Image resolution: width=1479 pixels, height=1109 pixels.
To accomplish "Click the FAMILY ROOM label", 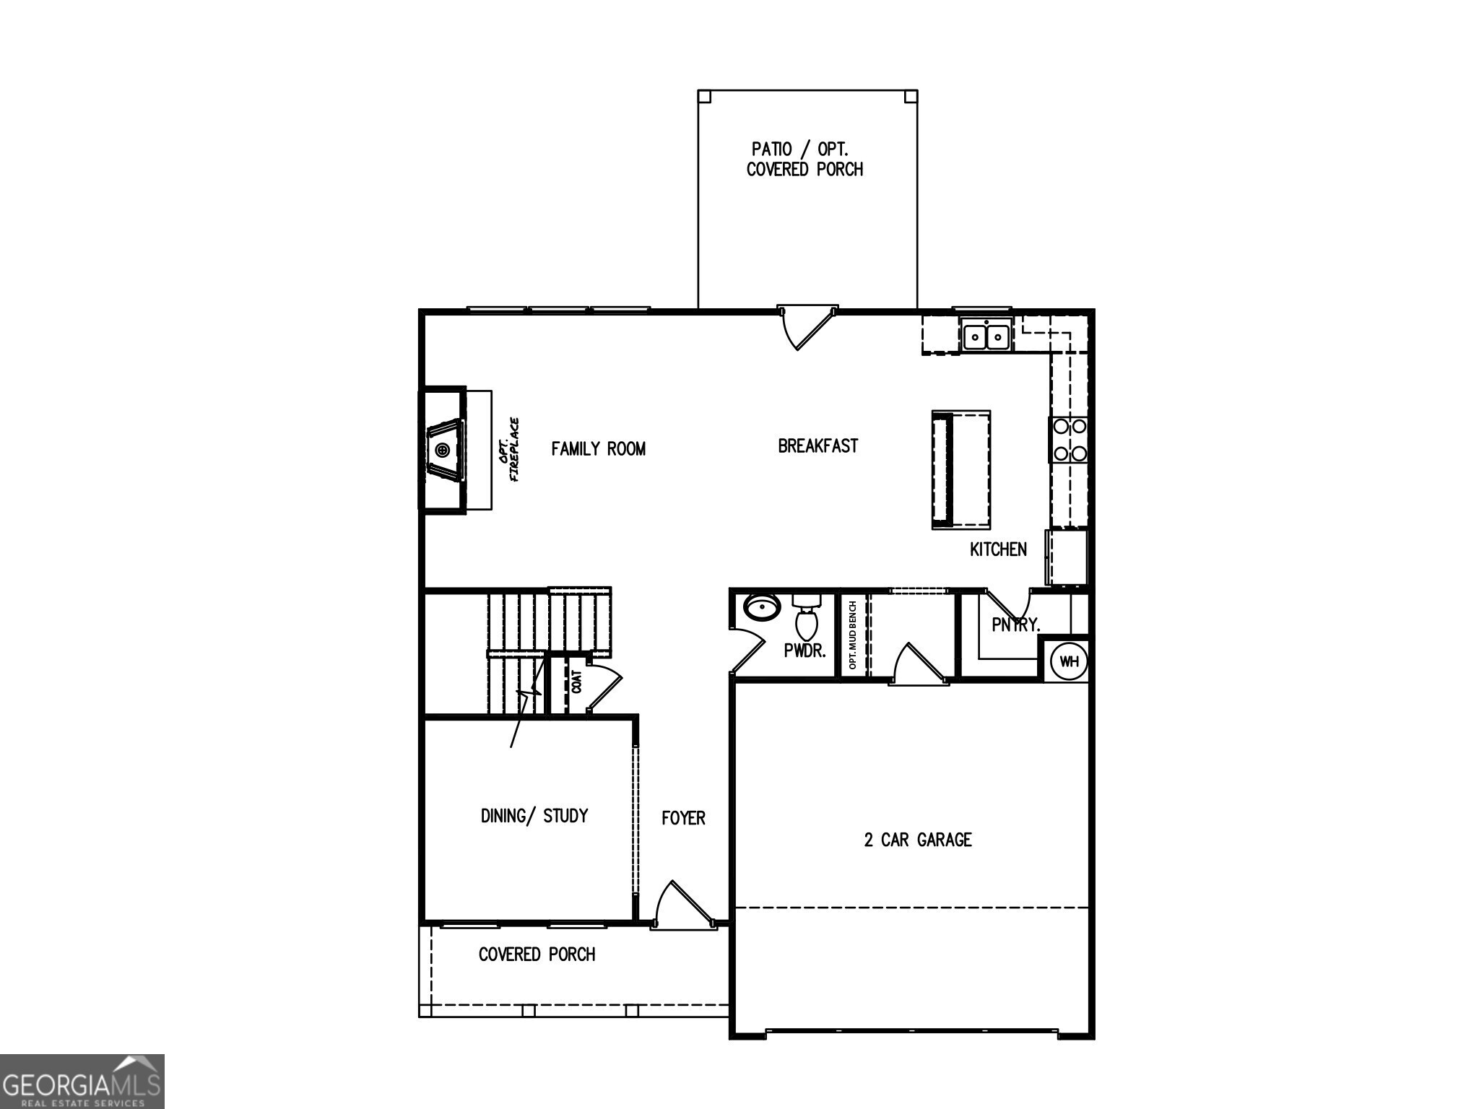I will click(x=598, y=449).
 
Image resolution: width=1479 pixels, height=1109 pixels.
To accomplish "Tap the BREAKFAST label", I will click(x=817, y=446).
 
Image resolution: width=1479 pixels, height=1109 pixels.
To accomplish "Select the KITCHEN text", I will click(x=998, y=549).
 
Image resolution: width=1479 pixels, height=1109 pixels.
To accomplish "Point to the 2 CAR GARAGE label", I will click(x=918, y=840).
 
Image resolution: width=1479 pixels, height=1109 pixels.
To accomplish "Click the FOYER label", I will click(x=683, y=818).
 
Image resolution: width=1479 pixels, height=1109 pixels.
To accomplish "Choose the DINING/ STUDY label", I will click(x=534, y=816).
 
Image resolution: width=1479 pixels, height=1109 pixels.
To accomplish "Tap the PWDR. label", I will click(x=804, y=651).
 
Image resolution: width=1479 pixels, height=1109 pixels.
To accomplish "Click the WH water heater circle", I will click(x=1069, y=661).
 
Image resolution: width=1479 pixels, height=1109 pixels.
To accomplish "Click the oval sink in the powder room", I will click(x=762, y=607).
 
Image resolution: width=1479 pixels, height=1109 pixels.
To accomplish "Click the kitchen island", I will click(x=960, y=469).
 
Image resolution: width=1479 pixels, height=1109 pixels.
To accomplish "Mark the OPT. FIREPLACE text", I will click(x=509, y=450).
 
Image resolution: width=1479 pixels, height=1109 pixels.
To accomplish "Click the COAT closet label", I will click(x=576, y=682).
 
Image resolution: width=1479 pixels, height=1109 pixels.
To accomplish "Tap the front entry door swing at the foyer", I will click(x=682, y=906).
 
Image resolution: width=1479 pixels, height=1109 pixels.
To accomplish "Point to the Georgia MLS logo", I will click(x=82, y=1082).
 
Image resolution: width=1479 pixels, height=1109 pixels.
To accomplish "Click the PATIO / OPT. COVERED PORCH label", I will click(x=804, y=160).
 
